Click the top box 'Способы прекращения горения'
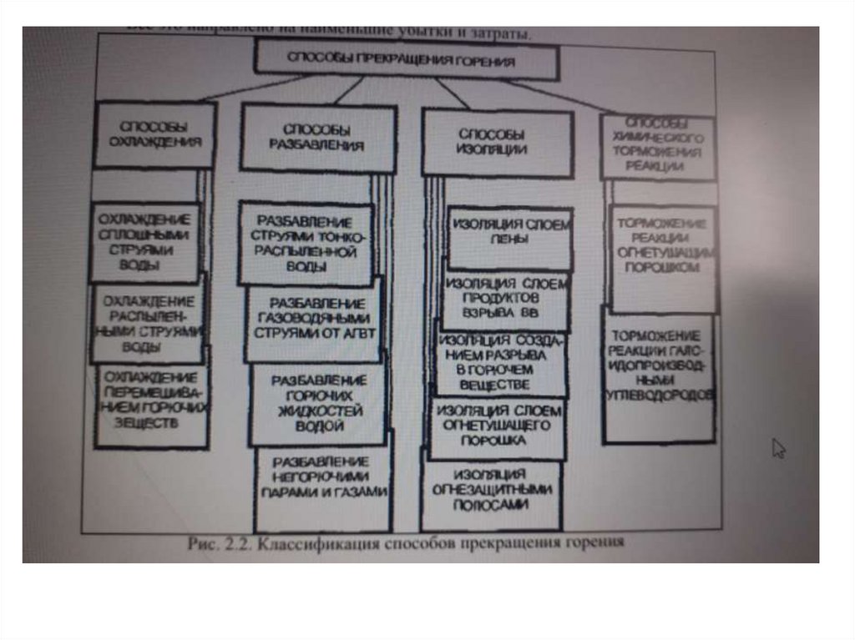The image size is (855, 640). [x=406, y=61]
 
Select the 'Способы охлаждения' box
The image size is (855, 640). [x=154, y=135]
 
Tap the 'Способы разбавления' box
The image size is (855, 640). [x=317, y=138]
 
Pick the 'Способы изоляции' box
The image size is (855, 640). [x=496, y=143]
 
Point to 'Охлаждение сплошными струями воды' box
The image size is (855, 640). [x=144, y=242]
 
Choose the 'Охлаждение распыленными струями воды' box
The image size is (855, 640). [x=147, y=323]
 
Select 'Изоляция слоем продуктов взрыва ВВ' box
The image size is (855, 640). [x=504, y=299]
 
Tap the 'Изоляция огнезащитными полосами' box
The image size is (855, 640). [x=491, y=492]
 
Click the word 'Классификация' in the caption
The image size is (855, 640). [x=312, y=545]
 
